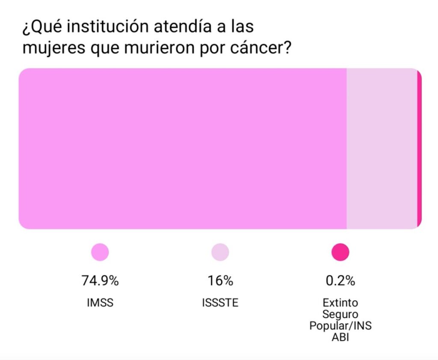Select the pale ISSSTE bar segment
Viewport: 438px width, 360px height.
point(382,149)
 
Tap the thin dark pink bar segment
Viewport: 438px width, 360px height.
point(419,149)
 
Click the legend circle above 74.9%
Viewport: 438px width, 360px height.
point(100,252)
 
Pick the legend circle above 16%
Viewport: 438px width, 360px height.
point(220,252)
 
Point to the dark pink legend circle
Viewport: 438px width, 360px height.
point(340,252)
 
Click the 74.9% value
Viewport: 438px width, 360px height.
point(100,281)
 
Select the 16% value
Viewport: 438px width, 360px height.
point(220,281)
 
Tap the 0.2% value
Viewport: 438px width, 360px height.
point(340,281)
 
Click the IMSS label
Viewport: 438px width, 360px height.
point(100,303)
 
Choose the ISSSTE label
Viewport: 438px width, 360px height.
point(220,303)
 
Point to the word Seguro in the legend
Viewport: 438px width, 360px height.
point(340,314)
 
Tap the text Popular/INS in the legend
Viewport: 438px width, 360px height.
point(340,325)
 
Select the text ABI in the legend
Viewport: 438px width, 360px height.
point(340,336)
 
